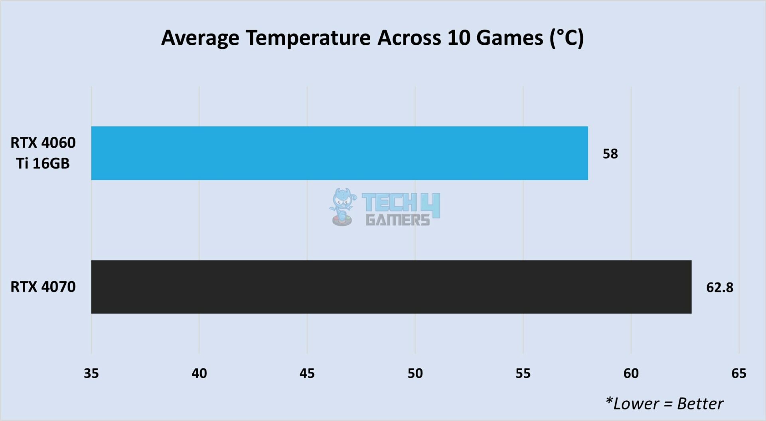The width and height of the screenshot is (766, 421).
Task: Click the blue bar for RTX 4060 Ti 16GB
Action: [339, 153]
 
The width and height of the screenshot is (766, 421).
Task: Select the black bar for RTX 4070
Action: [391, 287]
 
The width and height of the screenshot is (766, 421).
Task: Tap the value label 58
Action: [610, 154]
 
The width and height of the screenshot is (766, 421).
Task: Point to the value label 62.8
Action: [719, 288]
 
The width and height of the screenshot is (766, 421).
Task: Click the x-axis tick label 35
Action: [91, 373]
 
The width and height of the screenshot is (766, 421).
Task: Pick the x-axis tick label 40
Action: [199, 373]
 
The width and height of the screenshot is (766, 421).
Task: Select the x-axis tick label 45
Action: [307, 373]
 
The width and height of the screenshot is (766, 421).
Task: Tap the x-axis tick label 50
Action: [415, 373]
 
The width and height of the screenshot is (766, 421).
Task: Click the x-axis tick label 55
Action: [523, 373]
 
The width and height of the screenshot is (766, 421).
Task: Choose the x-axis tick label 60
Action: [631, 373]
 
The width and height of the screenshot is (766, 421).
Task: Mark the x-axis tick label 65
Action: [738, 373]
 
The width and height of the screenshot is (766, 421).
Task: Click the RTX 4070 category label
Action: [43, 287]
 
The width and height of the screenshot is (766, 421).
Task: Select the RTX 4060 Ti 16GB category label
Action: [43, 153]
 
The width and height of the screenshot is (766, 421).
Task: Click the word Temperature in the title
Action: [308, 38]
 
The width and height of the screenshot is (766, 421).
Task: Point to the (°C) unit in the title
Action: [567, 38]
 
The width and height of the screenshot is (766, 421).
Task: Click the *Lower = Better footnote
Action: [664, 404]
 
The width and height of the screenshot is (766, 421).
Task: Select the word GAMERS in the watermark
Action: [398, 220]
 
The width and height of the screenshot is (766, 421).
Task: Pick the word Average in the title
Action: [200, 38]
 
